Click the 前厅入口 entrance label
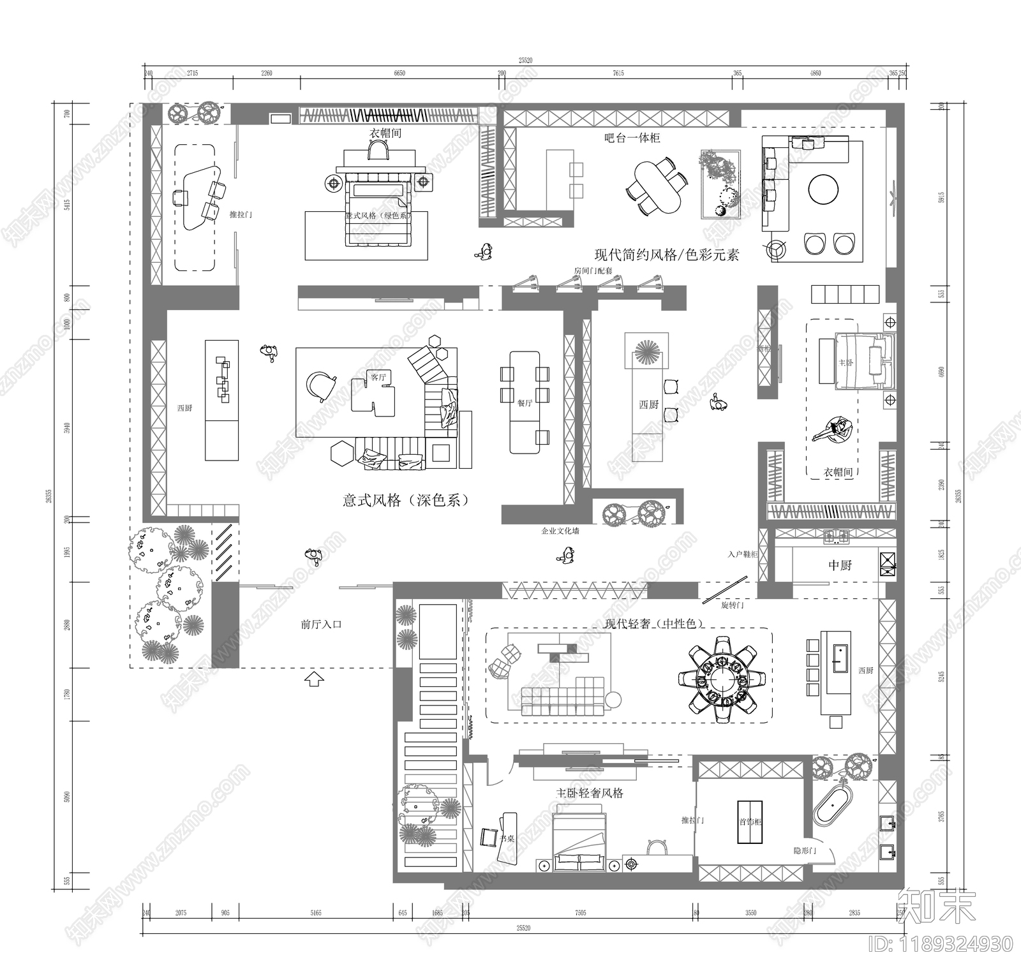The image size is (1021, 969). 321,625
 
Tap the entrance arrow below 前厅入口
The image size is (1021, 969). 313,679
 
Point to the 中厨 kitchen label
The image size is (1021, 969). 840,565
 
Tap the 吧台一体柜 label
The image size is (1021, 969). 632,138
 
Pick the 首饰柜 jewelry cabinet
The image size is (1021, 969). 750,822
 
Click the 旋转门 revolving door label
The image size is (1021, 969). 732,605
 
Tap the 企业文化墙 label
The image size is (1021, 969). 560,531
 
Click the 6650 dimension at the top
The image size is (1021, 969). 399,73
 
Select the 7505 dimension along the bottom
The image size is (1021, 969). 580,913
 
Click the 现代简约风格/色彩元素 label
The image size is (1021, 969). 667,256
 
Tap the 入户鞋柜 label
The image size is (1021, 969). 742,554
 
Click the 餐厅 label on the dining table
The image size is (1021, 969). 525,403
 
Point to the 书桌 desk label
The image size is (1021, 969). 507,839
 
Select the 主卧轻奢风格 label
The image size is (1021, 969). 590,793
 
